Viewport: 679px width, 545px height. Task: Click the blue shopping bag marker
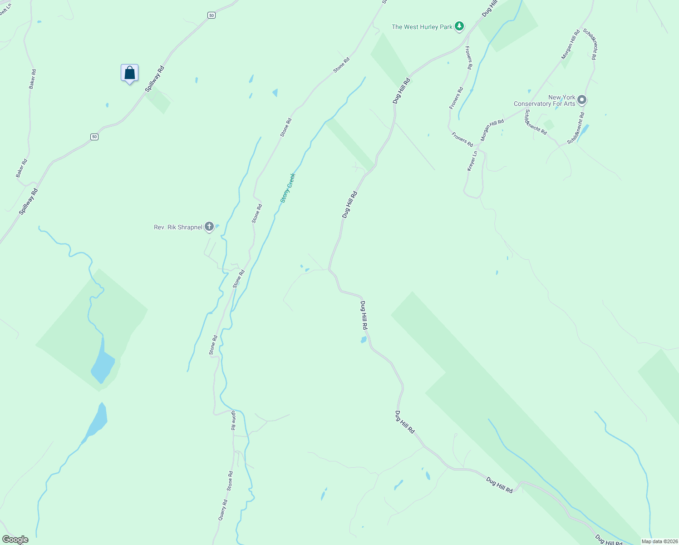coord(129,73)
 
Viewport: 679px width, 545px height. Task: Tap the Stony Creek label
coord(288,188)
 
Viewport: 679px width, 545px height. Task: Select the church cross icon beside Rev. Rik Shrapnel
coord(209,226)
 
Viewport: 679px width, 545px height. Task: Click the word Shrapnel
coord(190,227)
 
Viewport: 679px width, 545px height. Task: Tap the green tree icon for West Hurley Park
coord(460,26)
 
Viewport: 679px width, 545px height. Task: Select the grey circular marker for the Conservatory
coord(582,100)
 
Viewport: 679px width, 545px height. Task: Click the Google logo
coord(15,540)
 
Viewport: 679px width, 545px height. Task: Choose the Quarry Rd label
coord(222,510)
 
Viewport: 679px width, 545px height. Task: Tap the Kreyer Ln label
coord(472,161)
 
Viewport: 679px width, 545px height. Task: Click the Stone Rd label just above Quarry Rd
coord(230,481)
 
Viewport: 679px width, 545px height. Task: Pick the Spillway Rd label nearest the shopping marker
coord(155,79)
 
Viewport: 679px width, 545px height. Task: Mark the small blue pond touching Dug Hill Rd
coord(364,340)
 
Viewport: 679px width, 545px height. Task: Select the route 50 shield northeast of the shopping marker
coord(212,15)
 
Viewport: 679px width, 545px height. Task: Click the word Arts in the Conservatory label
coord(570,104)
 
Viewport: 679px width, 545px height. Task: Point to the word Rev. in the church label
coord(159,227)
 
